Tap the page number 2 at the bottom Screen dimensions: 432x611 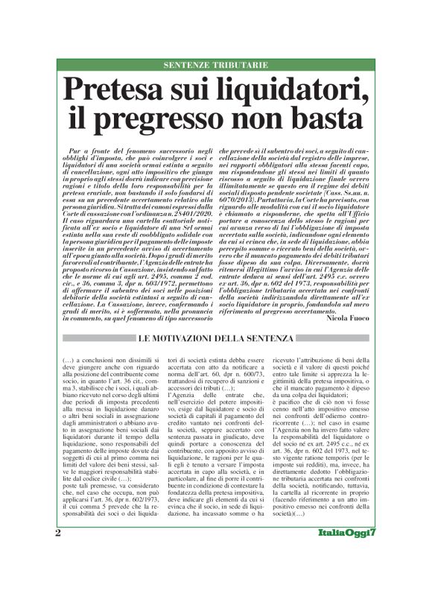pos(58,576)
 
